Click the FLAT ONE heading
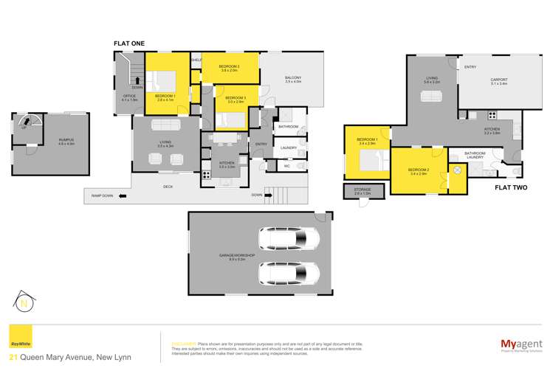(x=128, y=44)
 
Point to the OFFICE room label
(x=129, y=97)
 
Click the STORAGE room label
(x=362, y=190)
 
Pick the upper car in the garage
(x=289, y=239)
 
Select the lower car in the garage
(x=289, y=273)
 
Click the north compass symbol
(x=24, y=301)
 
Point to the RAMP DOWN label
(x=103, y=195)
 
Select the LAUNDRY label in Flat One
(x=289, y=147)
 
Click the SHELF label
(x=196, y=60)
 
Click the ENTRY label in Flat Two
(x=470, y=68)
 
